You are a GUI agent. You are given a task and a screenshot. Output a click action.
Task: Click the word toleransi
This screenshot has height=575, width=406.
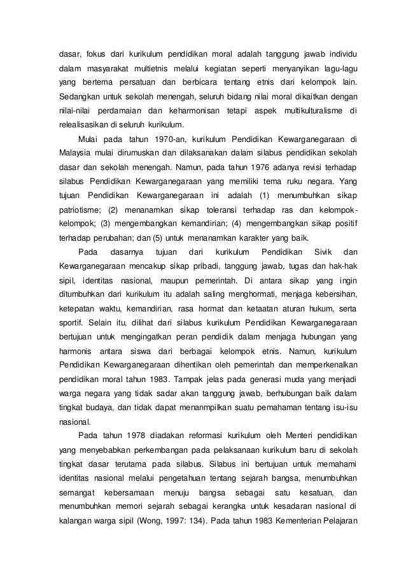point(219,209)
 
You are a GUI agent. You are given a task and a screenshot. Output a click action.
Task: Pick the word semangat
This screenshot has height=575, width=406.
point(75,492)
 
